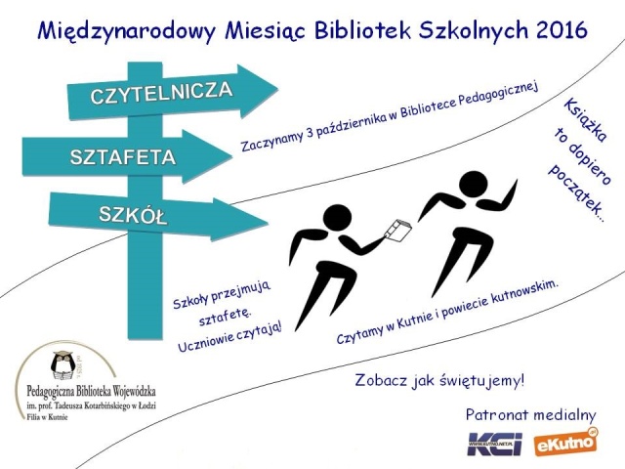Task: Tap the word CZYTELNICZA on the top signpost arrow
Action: [x=161, y=93]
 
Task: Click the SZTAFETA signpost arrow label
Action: [x=123, y=157]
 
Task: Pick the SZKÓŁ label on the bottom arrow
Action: [x=133, y=215]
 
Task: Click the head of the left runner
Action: [x=337, y=220]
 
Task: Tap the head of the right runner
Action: [x=473, y=186]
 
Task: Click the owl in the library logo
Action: [x=62, y=364]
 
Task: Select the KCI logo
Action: [x=494, y=443]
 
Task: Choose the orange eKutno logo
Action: [x=566, y=442]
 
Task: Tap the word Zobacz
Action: [x=381, y=380]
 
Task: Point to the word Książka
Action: [x=585, y=119]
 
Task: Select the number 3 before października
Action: [x=311, y=135]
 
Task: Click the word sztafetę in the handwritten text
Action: [x=225, y=316]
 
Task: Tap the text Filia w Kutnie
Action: [x=47, y=417]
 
